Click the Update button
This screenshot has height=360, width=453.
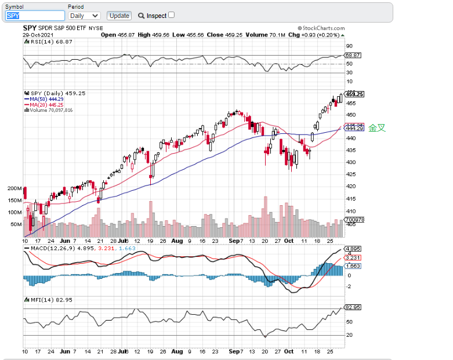click(x=119, y=16)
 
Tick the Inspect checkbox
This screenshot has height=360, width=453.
click(x=171, y=15)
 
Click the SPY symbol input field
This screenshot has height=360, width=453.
click(x=35, y=16)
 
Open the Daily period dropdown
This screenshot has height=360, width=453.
click(x=84, y=16)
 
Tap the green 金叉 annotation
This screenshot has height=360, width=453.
click(x=376, y=128)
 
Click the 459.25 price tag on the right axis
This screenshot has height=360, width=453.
click(x=354, y=94)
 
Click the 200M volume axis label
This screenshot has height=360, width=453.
click(x=15, y=188)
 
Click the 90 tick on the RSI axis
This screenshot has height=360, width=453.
click(x=349, y=46)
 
